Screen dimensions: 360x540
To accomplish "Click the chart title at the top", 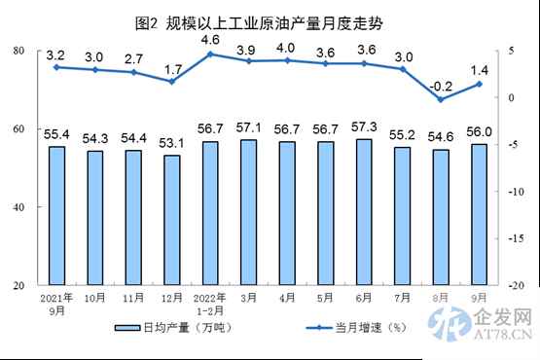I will pyautogui.click(x=270, y=21).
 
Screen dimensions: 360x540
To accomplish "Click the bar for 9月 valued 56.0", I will pyautogui.click(x=479, y=215).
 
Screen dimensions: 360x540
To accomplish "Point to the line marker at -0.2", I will pyautogui.click(x=441, y=99).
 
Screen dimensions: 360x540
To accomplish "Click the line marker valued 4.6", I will pyautogui.click(x=209, y=54).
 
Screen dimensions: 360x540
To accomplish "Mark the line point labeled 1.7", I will pyautogui.click(x=171, y=82).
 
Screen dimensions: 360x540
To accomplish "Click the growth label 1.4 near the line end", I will pyautogui.click(x=480, y=69).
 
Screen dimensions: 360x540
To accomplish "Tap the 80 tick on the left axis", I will pyautogui.click(x=18, y=50).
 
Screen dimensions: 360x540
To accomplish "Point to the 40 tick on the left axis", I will pyautogui.click(x=18, y=207).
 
